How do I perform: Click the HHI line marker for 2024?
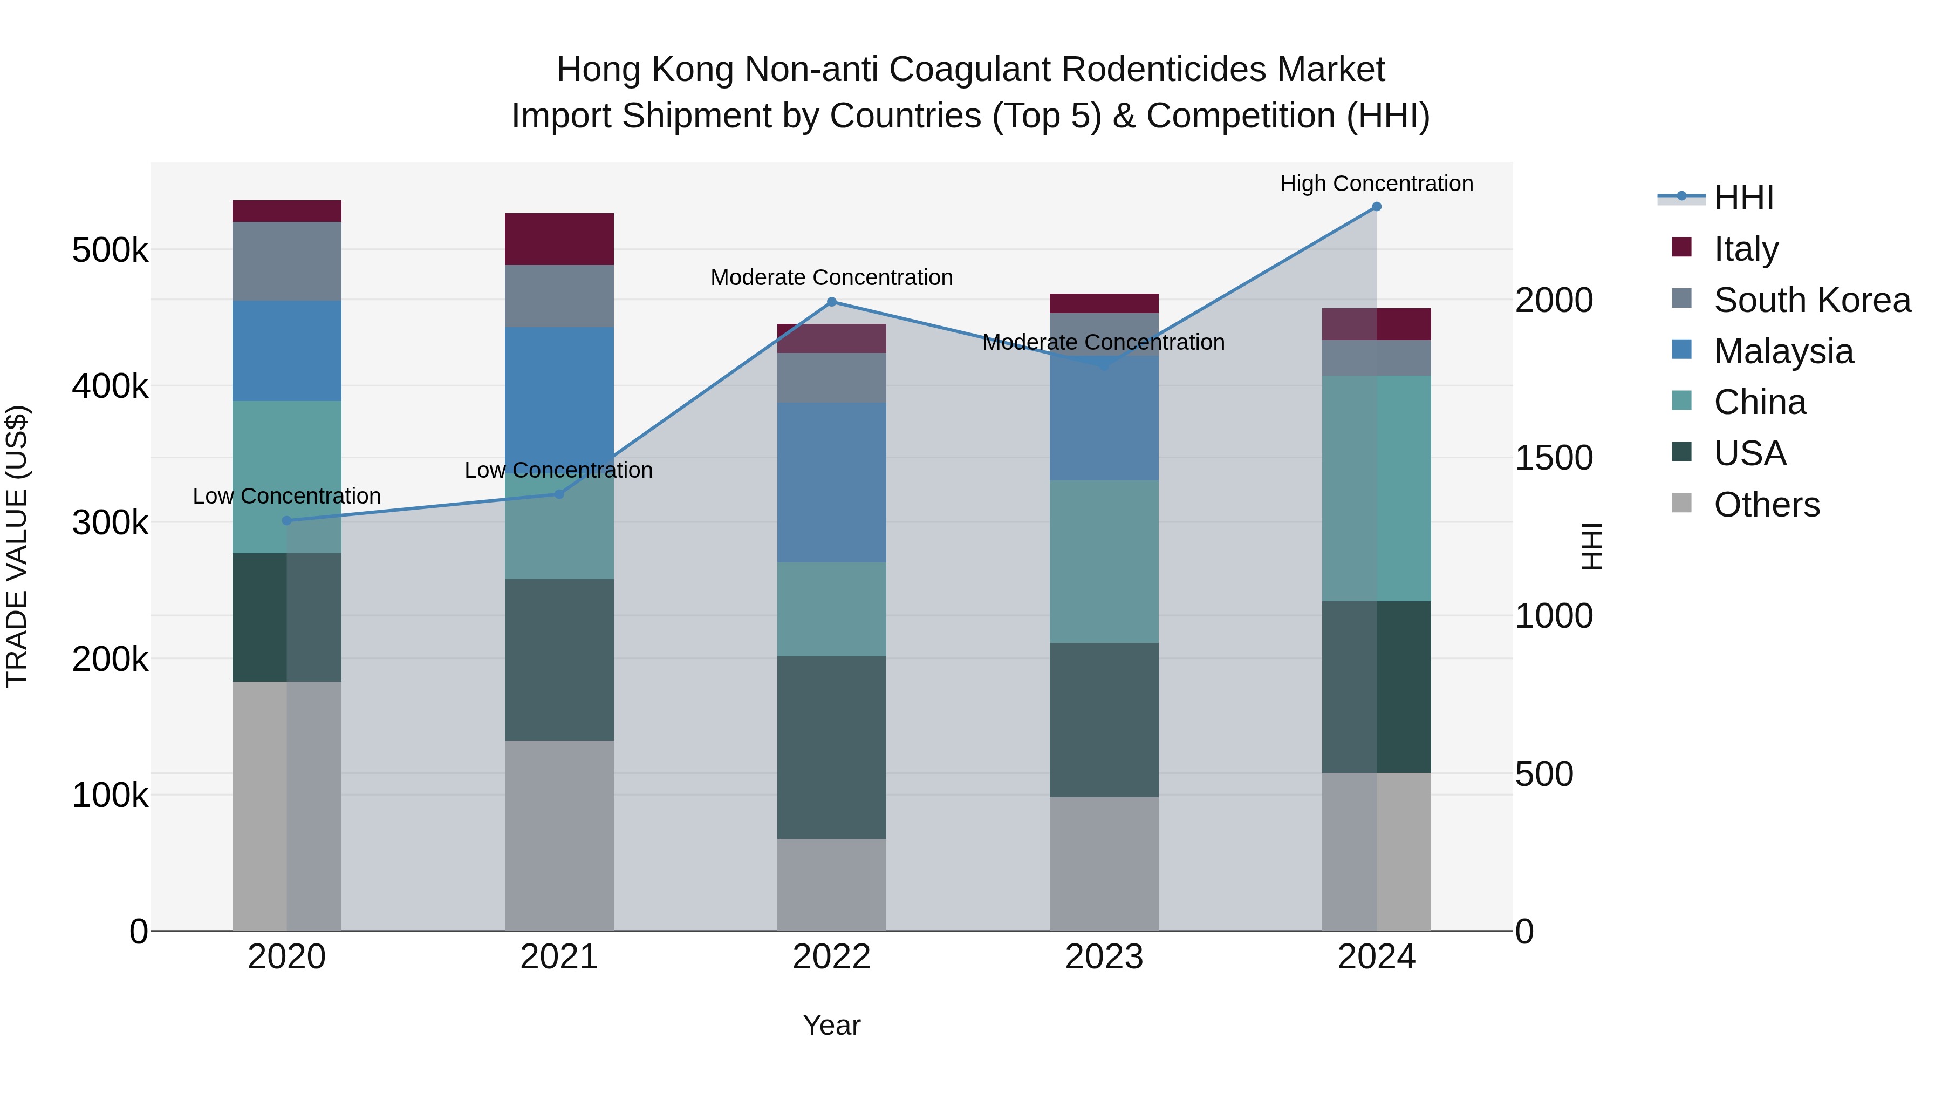1377,207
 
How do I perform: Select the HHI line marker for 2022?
831,302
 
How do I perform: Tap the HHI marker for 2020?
286,520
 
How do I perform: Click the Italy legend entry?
1746,249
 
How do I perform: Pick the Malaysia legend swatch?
1682,350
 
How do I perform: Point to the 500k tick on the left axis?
110,250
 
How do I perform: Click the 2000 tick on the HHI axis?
1554,300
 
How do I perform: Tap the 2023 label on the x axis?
1104,957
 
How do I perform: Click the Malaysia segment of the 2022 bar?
831,483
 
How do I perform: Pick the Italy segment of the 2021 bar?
559,239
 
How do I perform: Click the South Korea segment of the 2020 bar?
286,261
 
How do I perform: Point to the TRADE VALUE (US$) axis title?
17,546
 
